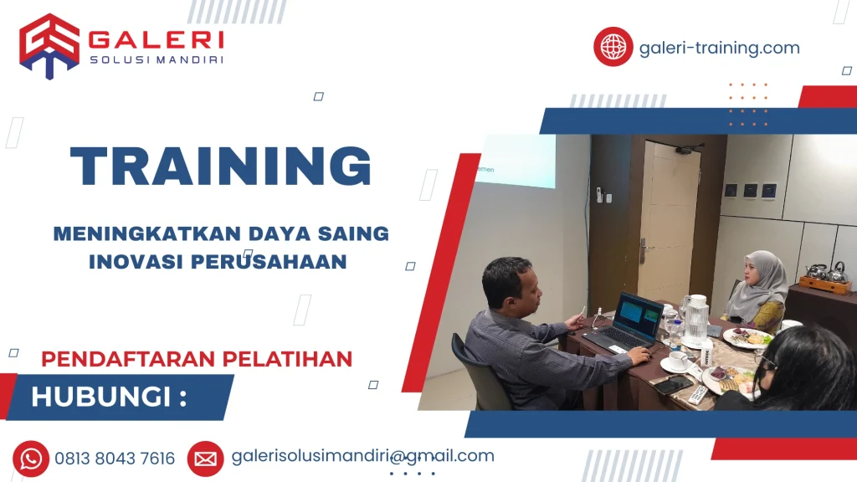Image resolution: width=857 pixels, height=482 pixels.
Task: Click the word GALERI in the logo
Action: click(156, 39)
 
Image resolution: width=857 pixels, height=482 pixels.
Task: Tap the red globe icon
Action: click(613, 47)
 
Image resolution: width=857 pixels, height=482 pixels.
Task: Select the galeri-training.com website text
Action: click(719, 48)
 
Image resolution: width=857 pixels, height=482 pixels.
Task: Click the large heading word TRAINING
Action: click(221, 167)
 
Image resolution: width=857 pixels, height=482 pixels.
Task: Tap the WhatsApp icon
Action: click(31, 458)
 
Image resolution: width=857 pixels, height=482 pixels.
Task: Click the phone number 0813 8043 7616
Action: click(115, 459)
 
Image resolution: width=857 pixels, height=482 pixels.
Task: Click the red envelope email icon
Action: click(205, 458)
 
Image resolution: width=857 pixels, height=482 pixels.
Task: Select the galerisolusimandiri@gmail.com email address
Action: click(362, 456)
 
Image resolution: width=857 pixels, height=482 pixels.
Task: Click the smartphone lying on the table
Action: click(674, 385)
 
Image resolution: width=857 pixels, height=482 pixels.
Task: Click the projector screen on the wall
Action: click(515, 161)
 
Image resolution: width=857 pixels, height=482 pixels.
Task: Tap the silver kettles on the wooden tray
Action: click(825, 274)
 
